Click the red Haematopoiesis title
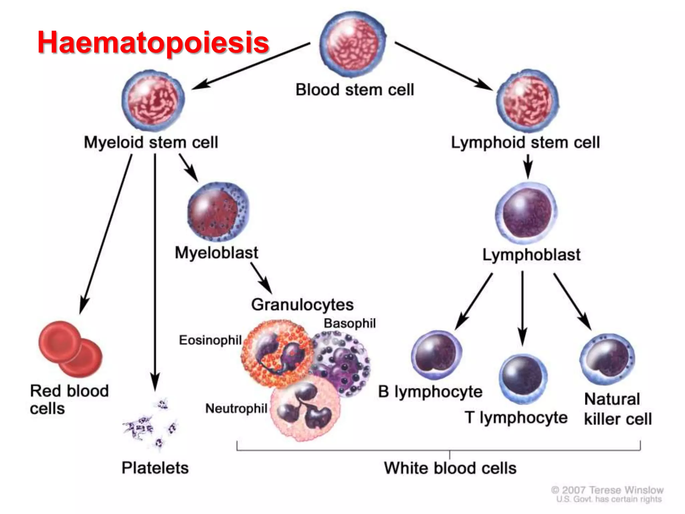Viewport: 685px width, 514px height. [153, 42]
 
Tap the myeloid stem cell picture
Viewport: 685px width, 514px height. [153, 100]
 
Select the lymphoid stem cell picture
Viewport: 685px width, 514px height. [527, 101]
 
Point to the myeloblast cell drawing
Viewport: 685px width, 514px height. [218, 212]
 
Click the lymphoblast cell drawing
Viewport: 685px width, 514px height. [526, 213]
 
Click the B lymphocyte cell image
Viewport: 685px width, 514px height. [436, 355]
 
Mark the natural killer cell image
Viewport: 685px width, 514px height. [607, 359]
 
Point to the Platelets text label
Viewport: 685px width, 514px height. [155, 467]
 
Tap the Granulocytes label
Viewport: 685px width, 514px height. [302, 305]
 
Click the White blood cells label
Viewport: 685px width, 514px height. [450, 468]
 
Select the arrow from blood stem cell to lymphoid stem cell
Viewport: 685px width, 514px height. [443, 66]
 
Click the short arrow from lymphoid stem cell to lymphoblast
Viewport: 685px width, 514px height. [528, 166]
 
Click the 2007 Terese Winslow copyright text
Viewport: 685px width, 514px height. [607, 490]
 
